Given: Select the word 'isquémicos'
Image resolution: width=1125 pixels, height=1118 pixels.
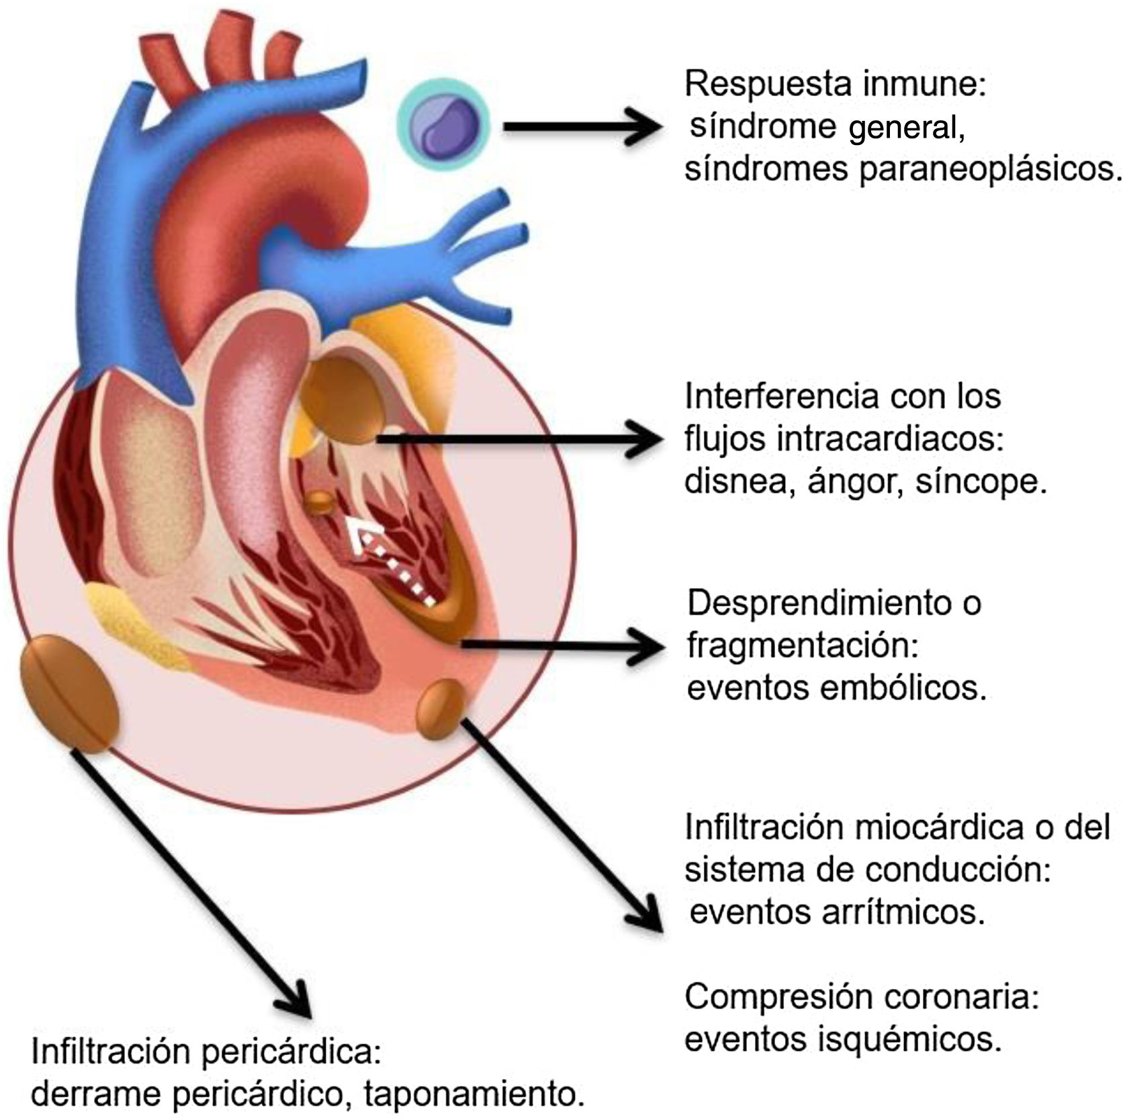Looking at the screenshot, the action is coord(909,1039).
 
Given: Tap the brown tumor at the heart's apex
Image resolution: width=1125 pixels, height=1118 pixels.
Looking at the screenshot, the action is coord(441,709).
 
